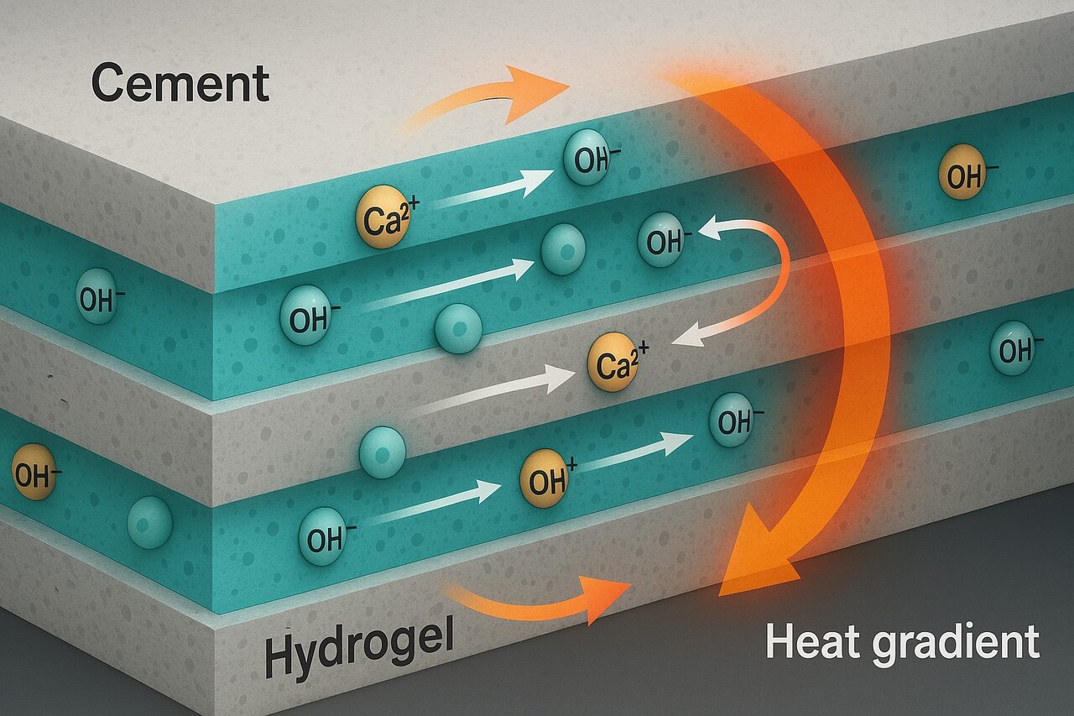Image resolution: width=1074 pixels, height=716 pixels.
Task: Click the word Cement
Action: coord(180,85)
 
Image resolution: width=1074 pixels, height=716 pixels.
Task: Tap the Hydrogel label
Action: coord(358,651)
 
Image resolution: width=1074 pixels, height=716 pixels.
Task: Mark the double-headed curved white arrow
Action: coord(755,277)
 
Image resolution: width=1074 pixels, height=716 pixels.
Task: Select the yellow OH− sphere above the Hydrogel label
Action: coord(34,476)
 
